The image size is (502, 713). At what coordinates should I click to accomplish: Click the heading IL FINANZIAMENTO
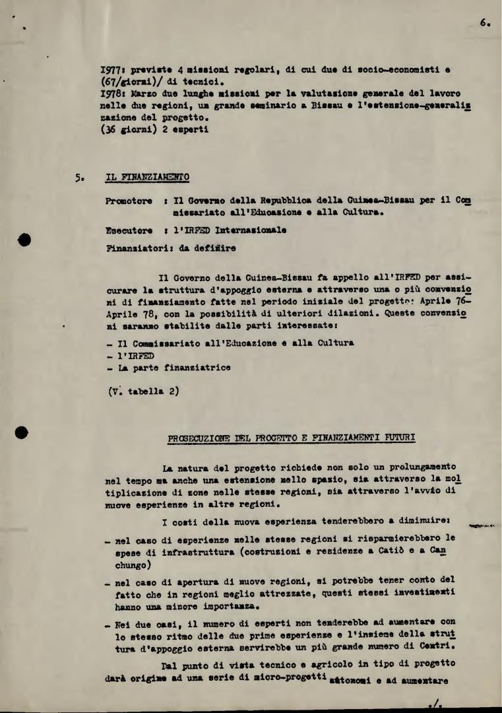(x=147, y=177)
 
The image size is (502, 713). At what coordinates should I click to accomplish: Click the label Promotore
(x=129, y=201)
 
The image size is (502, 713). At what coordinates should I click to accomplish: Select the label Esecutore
(x=129, y=231)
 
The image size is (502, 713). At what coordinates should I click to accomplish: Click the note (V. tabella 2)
(x=143, y=390)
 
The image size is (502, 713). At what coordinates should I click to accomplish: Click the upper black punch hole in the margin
(x=24, y=239)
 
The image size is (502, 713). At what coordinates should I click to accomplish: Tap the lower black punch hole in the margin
(x=22, y=432)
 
